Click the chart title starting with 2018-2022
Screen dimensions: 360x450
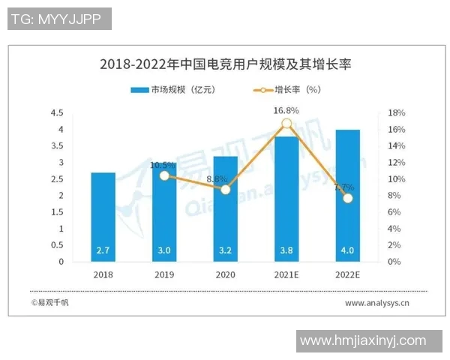[225, 64]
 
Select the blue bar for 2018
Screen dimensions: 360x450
[103, 217]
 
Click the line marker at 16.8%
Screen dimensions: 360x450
[286, 124]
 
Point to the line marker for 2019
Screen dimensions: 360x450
[164, 175]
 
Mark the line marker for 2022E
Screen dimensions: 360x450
[347, 198]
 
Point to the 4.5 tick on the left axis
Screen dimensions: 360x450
[57, 113]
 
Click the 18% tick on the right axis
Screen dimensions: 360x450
[396, 113]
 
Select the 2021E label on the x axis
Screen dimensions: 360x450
[286, 275]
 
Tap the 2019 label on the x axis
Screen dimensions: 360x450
[164, 275]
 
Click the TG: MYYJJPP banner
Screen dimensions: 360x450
[59, 19]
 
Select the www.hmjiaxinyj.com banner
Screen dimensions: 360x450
[363, 341]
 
